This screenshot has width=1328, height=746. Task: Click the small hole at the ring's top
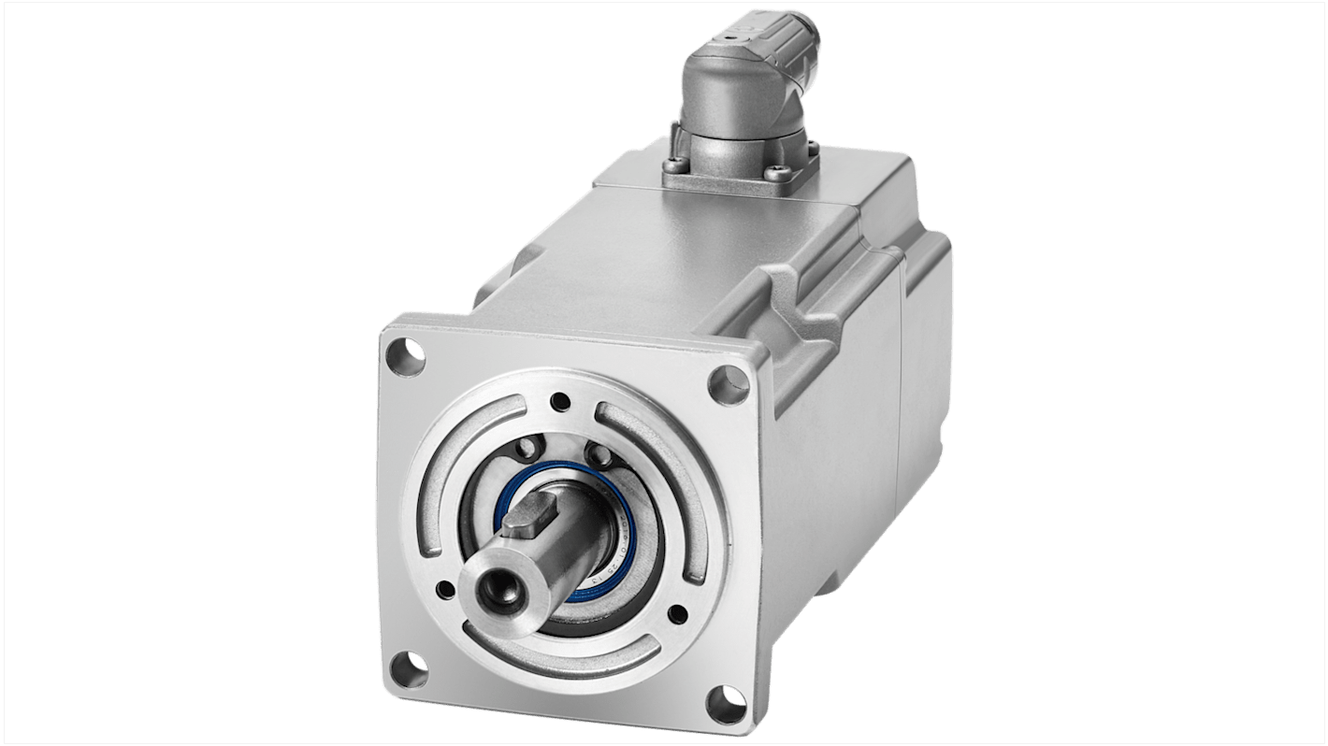click(x=560, y=403)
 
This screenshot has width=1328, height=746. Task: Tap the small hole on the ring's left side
click(x=445, y=589)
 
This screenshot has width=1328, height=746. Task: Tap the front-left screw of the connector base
click(x=674, y=168)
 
